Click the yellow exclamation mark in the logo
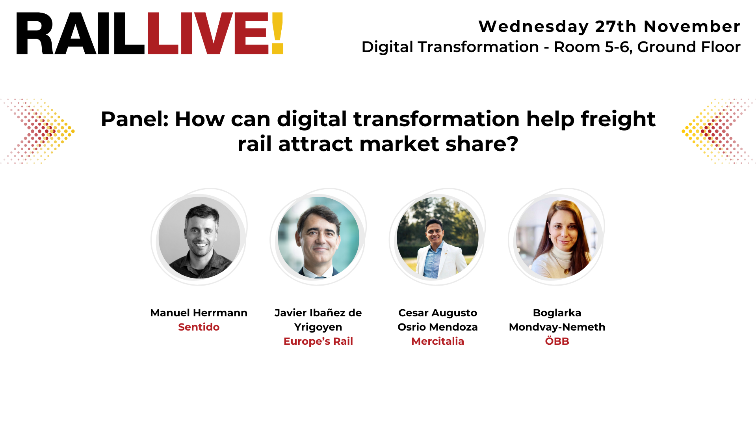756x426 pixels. (x=277, y=33)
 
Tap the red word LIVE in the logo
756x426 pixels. (x=207, y=33)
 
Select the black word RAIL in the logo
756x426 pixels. (x=80, y=33)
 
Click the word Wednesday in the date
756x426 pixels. (x=533, y=26)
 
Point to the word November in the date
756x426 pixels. (x=692, y=26)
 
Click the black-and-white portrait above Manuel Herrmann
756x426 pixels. (x=199, y=238)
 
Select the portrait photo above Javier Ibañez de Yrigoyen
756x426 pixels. (x=318, y=238)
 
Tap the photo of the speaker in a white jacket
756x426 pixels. (x=437, y=238)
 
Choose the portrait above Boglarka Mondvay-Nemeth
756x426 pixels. (x=557, y=238)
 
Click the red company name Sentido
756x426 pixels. (x=199, y=327)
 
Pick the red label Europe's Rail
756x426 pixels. (x=318, y=341)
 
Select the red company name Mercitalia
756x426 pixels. (x=437, y=341)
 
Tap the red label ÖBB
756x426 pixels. (x=557, y=341)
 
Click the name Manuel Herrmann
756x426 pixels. (x=199, y=313)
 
